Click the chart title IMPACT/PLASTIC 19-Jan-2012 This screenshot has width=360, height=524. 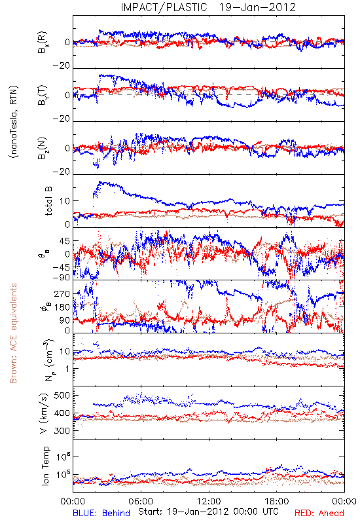(208, 7)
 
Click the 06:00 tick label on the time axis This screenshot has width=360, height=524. (141, 502)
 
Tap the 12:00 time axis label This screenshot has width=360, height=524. (209, 502)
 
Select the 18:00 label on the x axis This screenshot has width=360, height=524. (277, 502)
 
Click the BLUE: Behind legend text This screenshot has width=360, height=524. (101, 513)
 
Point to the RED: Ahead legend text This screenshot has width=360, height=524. (319, 513)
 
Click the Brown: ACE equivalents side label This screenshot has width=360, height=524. (13, 333)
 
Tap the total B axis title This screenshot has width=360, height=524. (48, 200)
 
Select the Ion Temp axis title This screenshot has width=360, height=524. (45, 465)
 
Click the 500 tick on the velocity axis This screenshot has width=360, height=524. (62, 396)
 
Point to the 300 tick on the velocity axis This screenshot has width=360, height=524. (62, 430)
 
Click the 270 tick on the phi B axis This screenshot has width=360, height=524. (62, 293)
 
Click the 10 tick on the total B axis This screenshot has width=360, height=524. (65, 201)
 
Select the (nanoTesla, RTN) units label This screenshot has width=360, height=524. (14, 122)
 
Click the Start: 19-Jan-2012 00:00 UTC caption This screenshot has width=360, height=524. (208, 512)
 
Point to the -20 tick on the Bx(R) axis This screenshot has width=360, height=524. (61, 66)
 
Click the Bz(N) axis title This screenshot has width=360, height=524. (42, 148)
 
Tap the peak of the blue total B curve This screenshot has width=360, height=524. (99, 182)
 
